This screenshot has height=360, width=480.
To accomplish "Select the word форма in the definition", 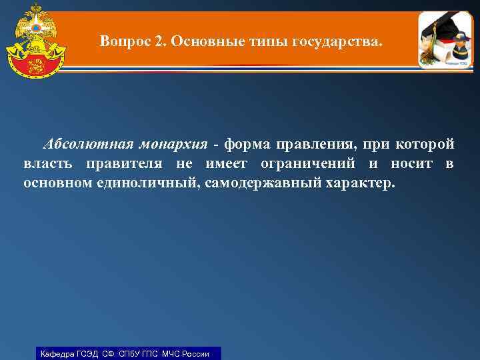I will pyautogui.click(x=244, y=145).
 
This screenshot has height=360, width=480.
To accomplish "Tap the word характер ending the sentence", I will pyautogui.click(x=359, y=183).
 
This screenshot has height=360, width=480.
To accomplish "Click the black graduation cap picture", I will pyautogui.click(x=437, y=30).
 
